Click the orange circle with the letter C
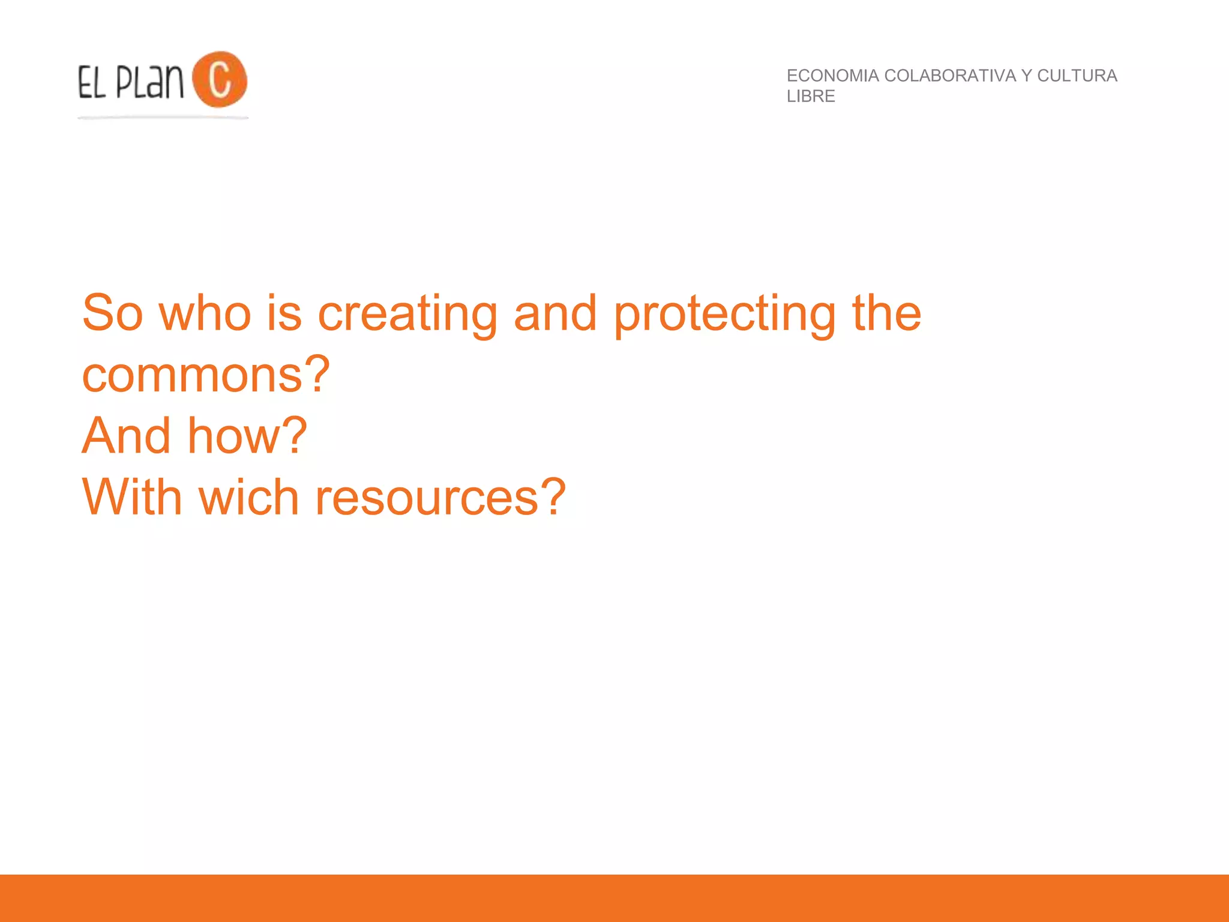point(220,79)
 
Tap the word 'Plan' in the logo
point(149,82)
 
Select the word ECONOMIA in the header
point(832,76)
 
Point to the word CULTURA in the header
point(1077,76)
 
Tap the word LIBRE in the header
point(811,96)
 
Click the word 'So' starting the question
point(112,313)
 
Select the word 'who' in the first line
point(205,313)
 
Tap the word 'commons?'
point(206,375)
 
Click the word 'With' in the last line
point(132,497)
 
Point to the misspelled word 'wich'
point(248,497)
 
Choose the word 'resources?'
point(440,498)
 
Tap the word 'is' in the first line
point(284,313)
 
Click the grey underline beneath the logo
point(163,118)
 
